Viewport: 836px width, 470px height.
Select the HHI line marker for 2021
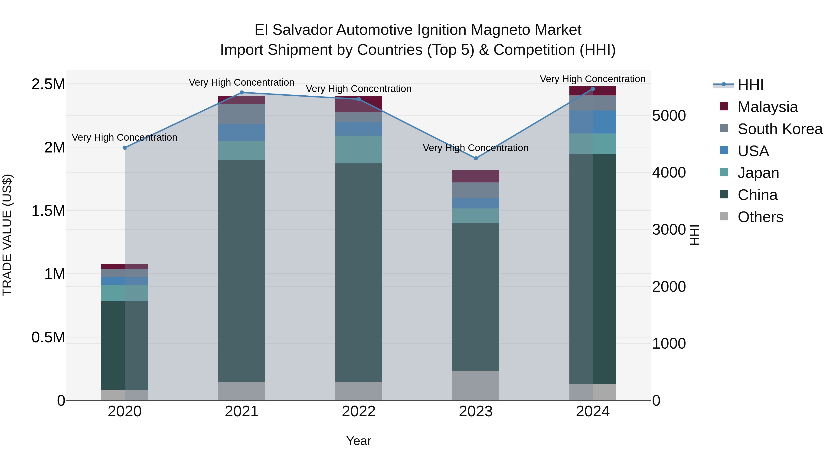pos(242,92)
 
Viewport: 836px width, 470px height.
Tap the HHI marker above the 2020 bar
pos(125,148)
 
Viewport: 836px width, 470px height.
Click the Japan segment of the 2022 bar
pos(359,149)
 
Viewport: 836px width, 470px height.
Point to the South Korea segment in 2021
pos(242,114)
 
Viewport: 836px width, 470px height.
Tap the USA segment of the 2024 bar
pos(593,122)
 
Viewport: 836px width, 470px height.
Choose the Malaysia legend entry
pos(767,107)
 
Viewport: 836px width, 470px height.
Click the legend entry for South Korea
pos(780,129)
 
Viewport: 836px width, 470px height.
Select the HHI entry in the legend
pos(750,85)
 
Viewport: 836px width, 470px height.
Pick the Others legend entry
pos(760,217)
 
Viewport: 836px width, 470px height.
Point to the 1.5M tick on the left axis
pos(48,211)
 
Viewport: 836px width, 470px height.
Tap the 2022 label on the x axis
pos(359,412)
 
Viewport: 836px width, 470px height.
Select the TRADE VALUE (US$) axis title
pos(7,235)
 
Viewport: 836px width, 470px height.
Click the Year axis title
pos(359,441)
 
